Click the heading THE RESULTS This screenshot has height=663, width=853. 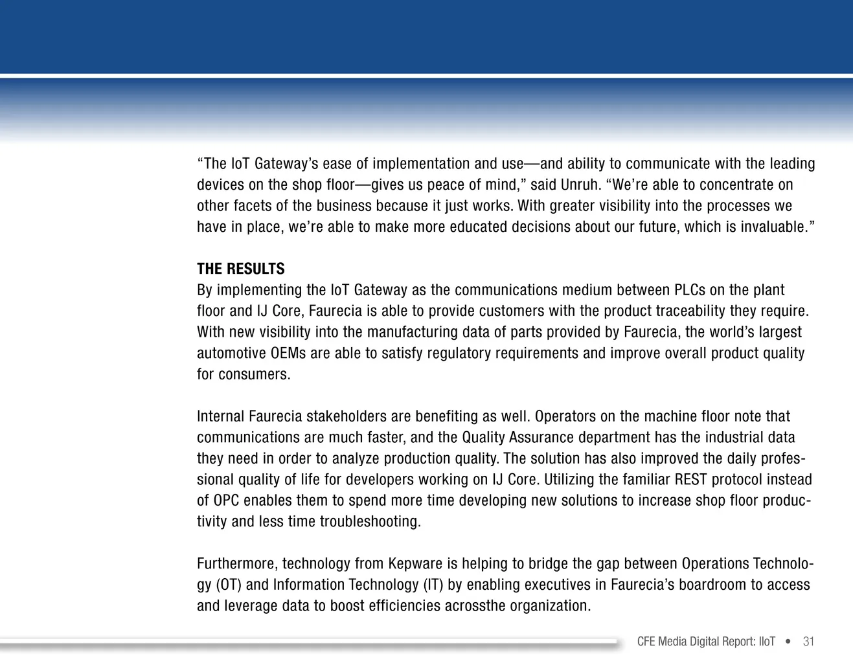[240, 269]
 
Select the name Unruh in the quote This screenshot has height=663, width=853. [580, 185]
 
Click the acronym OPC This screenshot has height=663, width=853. [226, 500]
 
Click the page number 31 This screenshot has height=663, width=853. [808, 642]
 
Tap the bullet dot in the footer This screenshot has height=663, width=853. [788, 642]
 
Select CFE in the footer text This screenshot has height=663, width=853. [646, 642]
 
